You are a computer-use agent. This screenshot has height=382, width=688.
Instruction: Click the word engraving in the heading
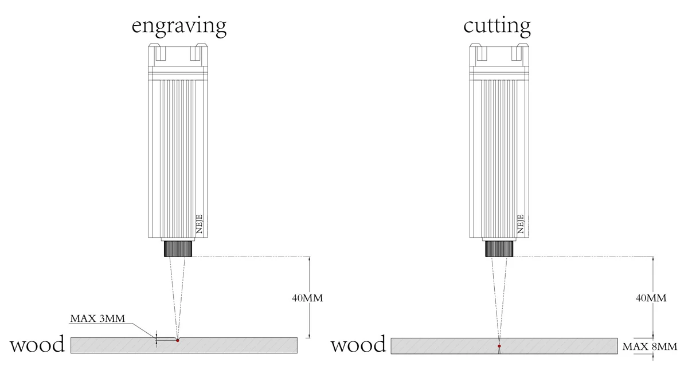coord(178,26)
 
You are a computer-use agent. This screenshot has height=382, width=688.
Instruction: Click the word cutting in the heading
coord(497,26)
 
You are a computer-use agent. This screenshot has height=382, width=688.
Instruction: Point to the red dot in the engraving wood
coord(178,341)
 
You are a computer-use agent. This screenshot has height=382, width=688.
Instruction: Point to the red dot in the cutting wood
coord(499,346)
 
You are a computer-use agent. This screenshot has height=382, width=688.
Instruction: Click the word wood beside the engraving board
coord(37,345)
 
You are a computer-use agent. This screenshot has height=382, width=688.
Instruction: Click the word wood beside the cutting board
coord(358,345)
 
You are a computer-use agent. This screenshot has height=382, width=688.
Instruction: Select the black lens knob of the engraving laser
coord(178,249)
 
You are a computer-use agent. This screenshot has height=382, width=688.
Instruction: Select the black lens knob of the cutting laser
coord(499,249)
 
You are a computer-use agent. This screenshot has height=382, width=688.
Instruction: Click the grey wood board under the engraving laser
coord(241,345)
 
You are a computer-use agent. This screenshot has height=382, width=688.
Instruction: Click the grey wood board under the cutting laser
coord(562,345)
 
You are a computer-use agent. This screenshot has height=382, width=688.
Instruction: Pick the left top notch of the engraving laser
coord(160,53)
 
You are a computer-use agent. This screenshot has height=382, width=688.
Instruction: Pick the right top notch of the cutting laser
coord(516,53)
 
